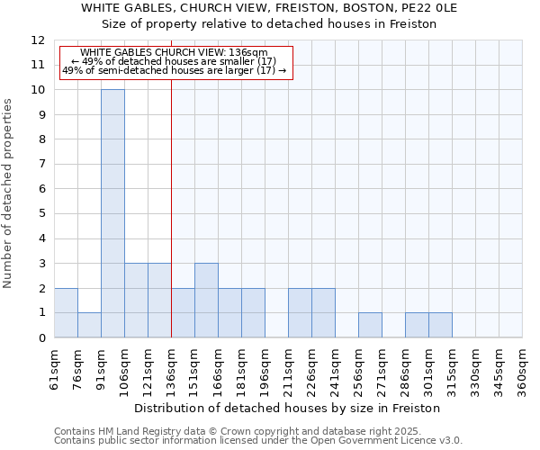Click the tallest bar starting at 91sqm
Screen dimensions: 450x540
pos(112,213)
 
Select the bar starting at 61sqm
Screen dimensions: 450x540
pos(66,312)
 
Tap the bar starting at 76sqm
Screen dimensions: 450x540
pos(89,325)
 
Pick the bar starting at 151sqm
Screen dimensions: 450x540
pos(206,300)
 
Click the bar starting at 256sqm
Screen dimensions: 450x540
pos(370,325)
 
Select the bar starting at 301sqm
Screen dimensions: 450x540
pos(440,325)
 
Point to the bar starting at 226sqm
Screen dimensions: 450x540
pos(323,312)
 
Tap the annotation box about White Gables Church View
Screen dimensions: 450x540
pos(176,62)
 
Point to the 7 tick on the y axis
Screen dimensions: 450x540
pos(40,165)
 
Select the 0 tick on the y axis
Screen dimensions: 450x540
pos(40,337)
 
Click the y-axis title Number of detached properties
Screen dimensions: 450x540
pos(8,193)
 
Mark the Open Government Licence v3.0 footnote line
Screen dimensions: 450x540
pos(258,440)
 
